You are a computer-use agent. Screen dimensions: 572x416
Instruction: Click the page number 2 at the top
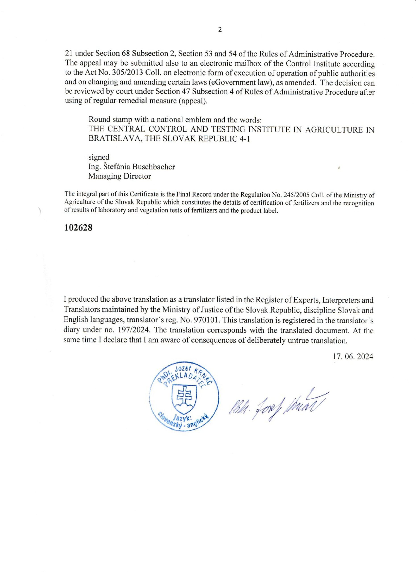220,30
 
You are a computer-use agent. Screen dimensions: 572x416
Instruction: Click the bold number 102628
78,227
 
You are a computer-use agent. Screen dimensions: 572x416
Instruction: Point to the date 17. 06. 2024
353,357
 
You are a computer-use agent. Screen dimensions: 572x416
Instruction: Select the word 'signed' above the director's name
99,157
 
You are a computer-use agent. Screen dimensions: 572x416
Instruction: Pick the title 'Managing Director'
119,176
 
